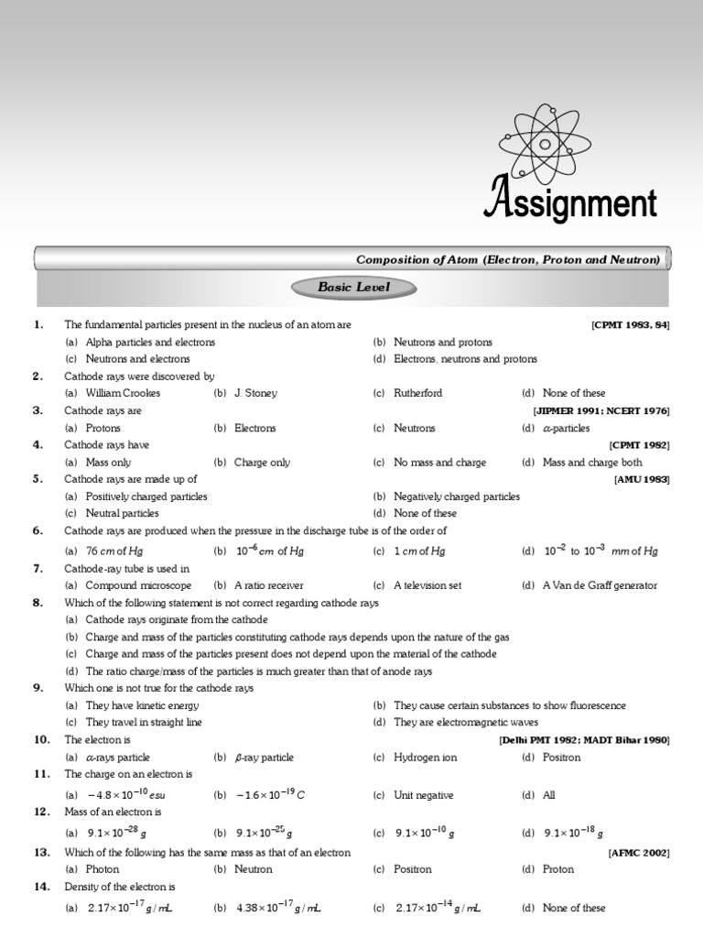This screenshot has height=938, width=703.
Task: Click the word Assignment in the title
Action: (x=569, y=201)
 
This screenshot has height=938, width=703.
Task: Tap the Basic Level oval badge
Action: (x=353, y=288)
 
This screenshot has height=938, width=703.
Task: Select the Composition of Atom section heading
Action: (x=506, y=260)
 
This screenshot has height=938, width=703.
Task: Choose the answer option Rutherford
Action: (x=417, y=393)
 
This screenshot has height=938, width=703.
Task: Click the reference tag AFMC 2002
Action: (x=638, y=853)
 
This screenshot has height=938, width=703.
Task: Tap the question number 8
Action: (x=38, y=603)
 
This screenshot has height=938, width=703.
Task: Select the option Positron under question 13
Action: (x=412, y=869)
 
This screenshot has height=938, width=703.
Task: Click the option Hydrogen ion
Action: (x=425, y=758)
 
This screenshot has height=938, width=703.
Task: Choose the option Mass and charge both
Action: (x=592, y=463)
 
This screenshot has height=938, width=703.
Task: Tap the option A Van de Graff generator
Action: (x=600, y=585)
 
